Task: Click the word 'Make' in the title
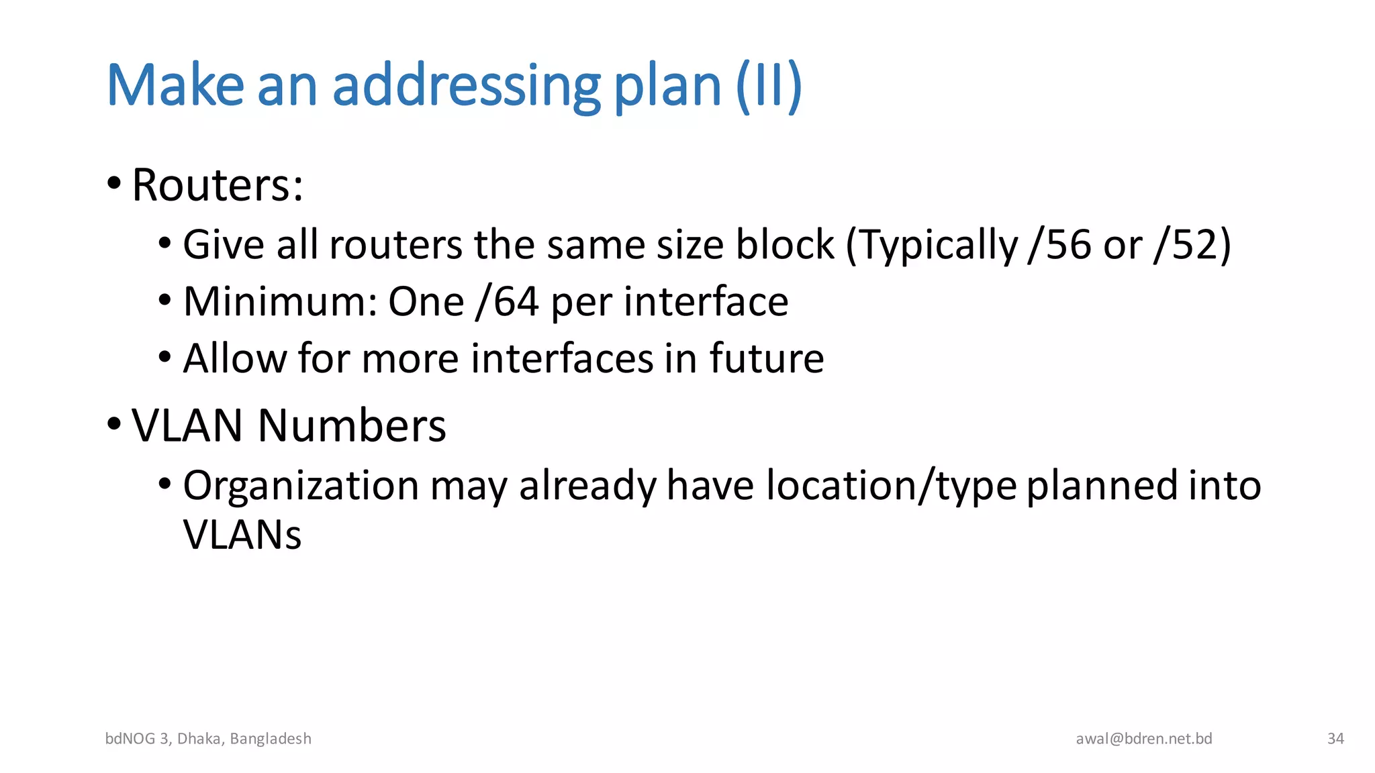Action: (175, 86)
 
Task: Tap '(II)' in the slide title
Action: (769, 86)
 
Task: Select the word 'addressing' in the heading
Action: (466, 86)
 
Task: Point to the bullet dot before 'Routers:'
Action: (114, 183)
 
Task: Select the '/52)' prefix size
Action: (1192, 245)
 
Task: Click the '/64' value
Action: (507, 302)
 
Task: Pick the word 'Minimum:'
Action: (280, 302)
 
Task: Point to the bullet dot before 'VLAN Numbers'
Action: (114, 424)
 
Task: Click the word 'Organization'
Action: (301, 486)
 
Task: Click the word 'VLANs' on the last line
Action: (242, 535)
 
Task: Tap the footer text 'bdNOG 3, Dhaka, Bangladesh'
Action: (208, 739)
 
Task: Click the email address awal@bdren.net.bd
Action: (1144, 739)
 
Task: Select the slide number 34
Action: (1335, 739)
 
